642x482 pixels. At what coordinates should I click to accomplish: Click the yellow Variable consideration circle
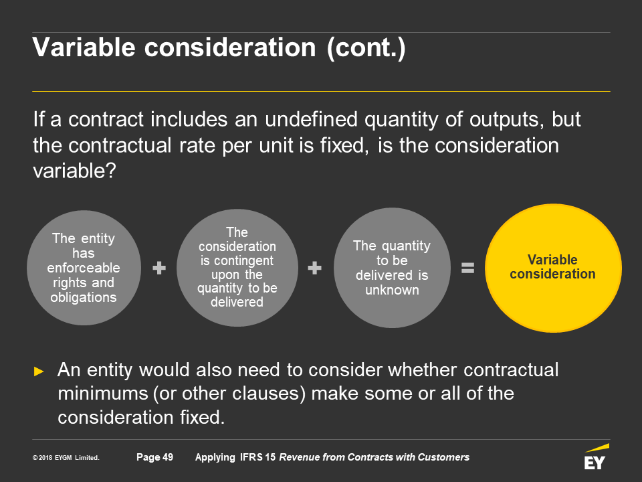(553, 268)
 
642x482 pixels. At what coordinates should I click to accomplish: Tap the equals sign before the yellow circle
(467, 268)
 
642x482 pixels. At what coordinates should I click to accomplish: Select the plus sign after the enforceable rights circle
(159, 268)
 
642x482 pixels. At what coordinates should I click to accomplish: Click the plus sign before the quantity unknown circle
(314, 268)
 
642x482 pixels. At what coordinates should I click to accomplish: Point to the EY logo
(596, 457)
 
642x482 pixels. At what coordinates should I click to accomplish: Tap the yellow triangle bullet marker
(39, 372)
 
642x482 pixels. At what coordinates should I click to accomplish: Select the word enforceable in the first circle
(84, 268)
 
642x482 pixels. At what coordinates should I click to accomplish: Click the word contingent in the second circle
(237, 260)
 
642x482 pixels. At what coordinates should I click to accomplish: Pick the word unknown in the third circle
(393, 290)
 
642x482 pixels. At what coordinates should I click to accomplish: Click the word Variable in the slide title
(84, 47)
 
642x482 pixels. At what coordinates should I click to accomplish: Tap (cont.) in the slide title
(366, 48)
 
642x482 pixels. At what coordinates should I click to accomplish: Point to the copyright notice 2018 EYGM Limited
(66, 458)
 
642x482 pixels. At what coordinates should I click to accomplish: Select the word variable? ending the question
(74, 171)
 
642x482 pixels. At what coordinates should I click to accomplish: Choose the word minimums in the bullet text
(103, 394)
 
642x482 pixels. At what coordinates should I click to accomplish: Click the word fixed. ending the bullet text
(202, 417)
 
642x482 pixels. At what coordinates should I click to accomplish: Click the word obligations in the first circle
(84, 297)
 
